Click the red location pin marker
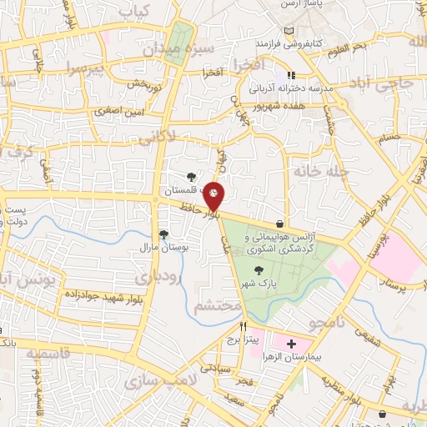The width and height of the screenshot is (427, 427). [x=214, y=197]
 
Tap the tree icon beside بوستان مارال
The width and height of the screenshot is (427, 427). [x=163, y=234]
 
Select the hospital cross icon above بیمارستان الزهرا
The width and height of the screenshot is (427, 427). [x=290, y=344]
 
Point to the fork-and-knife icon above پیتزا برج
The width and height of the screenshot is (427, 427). [x=244, y=327]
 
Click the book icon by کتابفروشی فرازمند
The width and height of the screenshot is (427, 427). [x=289, y=31]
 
